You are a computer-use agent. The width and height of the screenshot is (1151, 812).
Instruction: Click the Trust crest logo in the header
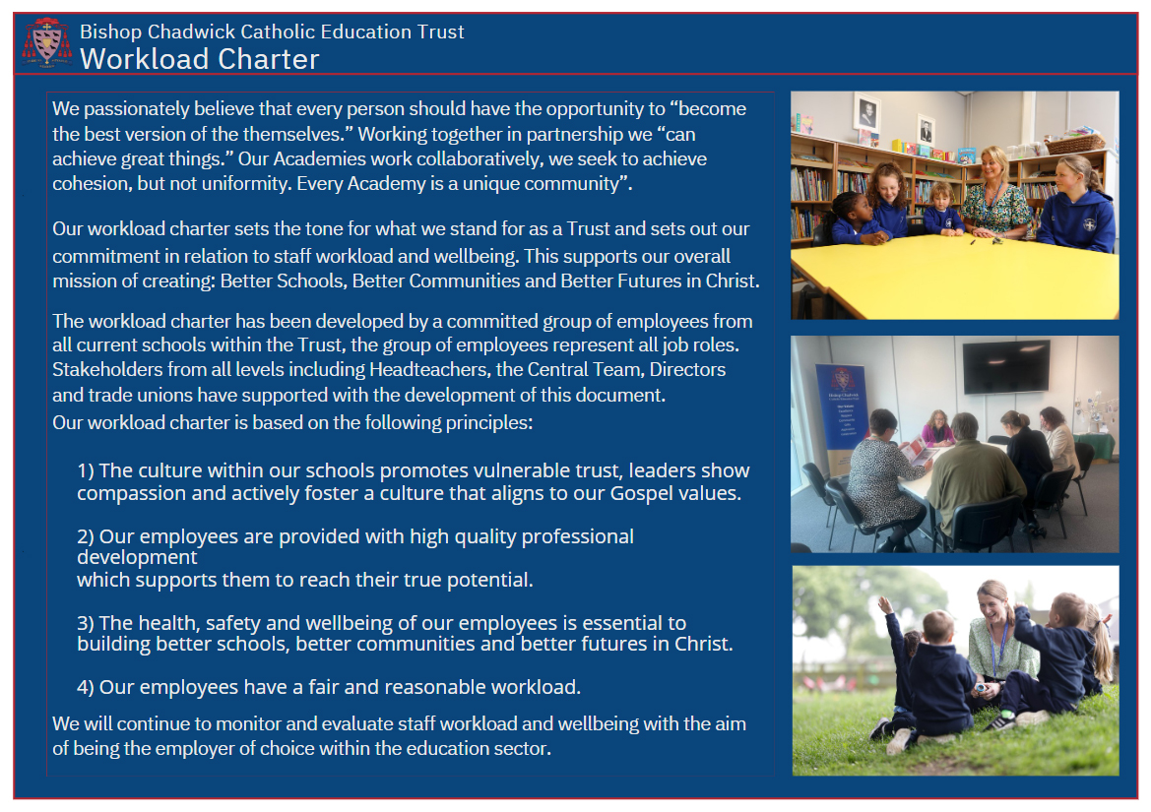click(47, 42)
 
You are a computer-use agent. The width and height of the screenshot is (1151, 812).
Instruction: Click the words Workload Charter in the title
click(200, 59)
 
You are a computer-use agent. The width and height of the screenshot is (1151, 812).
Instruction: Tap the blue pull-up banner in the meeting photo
click(841, 419)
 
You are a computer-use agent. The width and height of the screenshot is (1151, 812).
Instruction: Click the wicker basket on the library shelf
click(1074, 143)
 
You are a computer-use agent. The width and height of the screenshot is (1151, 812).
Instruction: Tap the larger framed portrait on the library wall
click(867, 114)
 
